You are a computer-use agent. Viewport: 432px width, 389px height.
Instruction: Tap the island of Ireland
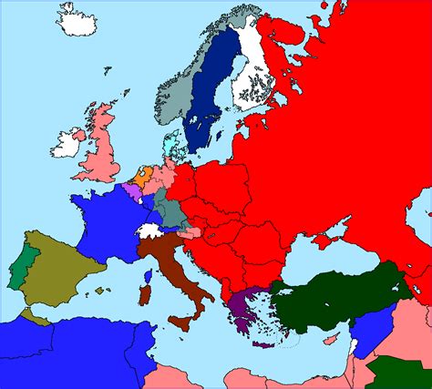click(68, 144)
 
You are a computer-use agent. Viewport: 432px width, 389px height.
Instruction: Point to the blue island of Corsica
click(149, 272)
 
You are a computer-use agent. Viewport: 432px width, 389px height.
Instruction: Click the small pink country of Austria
click(195, 236)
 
